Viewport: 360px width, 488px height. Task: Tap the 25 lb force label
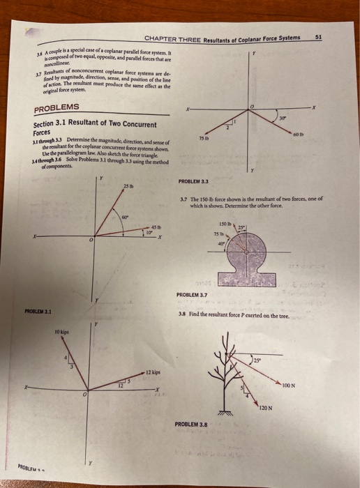(127, 186)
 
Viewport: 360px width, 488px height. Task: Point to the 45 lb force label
(156, 224)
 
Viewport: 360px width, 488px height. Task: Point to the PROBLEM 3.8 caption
(193, 423)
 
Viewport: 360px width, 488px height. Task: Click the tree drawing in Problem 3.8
(242, 373)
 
